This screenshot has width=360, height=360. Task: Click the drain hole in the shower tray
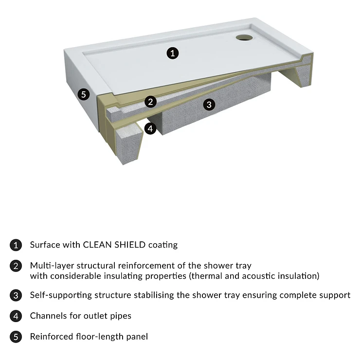244,37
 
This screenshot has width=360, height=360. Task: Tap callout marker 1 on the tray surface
173,53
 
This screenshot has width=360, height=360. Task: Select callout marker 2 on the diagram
151,102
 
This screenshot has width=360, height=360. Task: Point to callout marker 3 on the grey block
209,105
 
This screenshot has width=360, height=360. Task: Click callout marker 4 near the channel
150,128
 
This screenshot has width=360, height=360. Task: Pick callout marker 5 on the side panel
84,94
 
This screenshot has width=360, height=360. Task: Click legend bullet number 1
16,245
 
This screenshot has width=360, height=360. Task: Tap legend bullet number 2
16,266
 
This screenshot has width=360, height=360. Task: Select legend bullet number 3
16,295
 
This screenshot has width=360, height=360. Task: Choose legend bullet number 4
16,316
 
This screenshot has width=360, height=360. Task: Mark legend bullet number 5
16,337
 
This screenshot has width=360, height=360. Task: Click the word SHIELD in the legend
130,245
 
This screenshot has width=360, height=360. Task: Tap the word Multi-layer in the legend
52,266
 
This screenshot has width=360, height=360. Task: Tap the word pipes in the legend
121,317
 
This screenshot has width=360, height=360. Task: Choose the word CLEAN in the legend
98,245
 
